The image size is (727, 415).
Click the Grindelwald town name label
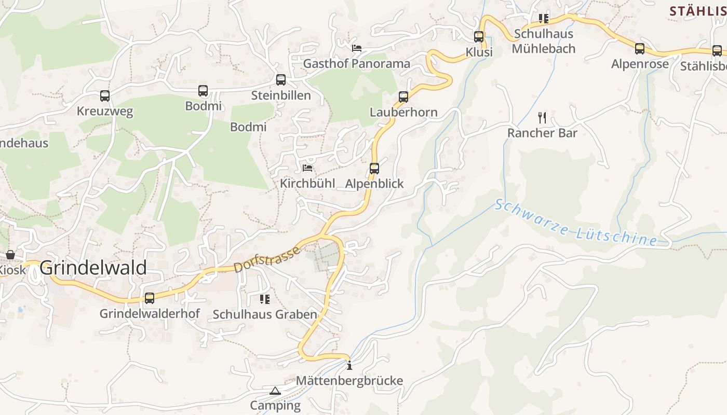[93, 268]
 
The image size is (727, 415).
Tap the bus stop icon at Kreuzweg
[105, 96]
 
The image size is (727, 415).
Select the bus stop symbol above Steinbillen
[281, 80]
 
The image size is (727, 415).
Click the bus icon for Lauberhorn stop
[403, 97]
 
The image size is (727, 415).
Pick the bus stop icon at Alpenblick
[374, 169]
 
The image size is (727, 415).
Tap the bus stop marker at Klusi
[479, 37]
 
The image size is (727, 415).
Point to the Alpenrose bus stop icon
[640, 49]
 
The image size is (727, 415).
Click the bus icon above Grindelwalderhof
[150, 298]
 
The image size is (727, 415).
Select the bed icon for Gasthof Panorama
[357, 48]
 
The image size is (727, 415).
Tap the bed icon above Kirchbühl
[307, 168]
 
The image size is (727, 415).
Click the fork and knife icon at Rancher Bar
[542, 117]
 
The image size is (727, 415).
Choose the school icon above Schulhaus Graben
[265, 299]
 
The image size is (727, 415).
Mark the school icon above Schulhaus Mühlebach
[544, 19]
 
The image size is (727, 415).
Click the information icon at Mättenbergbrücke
[349, 366]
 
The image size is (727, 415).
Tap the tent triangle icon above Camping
[275, 391]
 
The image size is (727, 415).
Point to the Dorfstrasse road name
[267, 259]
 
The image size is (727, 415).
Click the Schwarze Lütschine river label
[575, 222]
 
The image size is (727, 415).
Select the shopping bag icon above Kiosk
[10, 255]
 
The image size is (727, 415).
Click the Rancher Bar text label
[542, 133]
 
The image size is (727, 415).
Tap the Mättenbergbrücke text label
[349, 381]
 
